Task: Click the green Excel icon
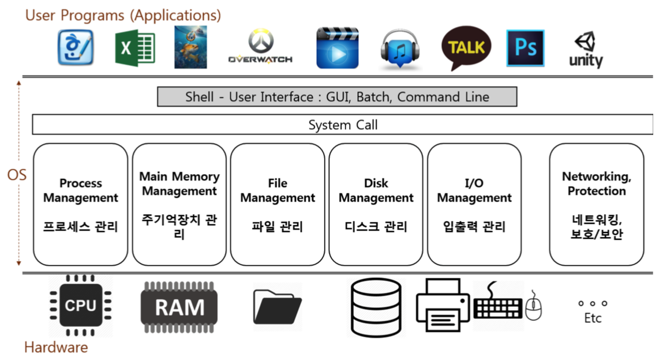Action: (x=134, y=48)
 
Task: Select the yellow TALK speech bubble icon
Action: (x=466, y=48)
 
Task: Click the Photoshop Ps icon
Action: (x=525, y=48)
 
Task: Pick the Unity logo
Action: (x=586, y=50)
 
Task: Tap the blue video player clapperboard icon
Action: (x=338, y=48)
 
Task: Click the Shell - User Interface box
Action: (x=337, y=97)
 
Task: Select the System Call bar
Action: (x=343, y=125)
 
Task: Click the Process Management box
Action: (x=81, y=204)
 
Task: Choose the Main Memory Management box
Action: (x=179, y=204)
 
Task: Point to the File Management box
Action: (x=278, y=204)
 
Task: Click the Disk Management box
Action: (x=376, y=204)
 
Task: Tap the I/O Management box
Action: (x=474, y=204)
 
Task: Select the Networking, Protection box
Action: (x=596, y=204)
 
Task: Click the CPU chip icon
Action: (x=81, y=306)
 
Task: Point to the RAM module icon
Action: (x=179, y=307)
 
